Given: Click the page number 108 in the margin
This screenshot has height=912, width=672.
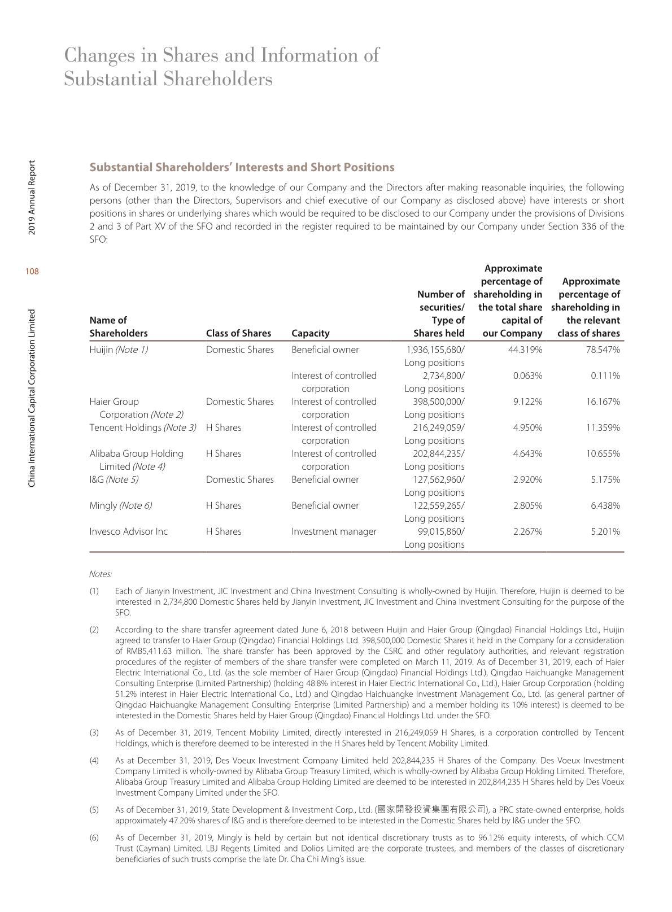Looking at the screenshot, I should tap(32, 272).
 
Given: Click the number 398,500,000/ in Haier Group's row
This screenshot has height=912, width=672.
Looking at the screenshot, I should tap(439, 402).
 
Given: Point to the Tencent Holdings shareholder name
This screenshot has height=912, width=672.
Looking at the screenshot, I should tap(125, 427).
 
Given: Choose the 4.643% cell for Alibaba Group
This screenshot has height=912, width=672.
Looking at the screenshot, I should tap(527, 453).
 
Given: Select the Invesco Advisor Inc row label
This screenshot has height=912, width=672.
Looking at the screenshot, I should tap(129, 531).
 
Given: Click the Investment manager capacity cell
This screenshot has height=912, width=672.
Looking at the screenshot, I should tap(334, 531).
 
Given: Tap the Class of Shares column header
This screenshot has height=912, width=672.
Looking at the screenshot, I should tap(238, 333).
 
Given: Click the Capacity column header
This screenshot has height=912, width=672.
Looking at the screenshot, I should tap(310, 333).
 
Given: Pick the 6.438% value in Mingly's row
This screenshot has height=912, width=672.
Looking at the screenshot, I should tap(605, 505).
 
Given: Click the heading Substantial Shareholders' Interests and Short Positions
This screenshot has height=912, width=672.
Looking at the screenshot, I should tap(242, 167).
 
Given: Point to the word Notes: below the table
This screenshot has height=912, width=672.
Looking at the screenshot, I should tap(101, 574).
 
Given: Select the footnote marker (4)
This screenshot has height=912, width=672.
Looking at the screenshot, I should tap(94, 761).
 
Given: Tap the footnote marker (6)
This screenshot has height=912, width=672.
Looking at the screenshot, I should tap(94, 837).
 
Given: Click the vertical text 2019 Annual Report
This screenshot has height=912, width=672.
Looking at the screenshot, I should tap(32, 198).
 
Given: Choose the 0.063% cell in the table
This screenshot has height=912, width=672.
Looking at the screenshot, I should tap(527, 376).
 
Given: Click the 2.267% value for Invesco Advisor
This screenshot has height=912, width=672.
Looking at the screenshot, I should tap(527, 531).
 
